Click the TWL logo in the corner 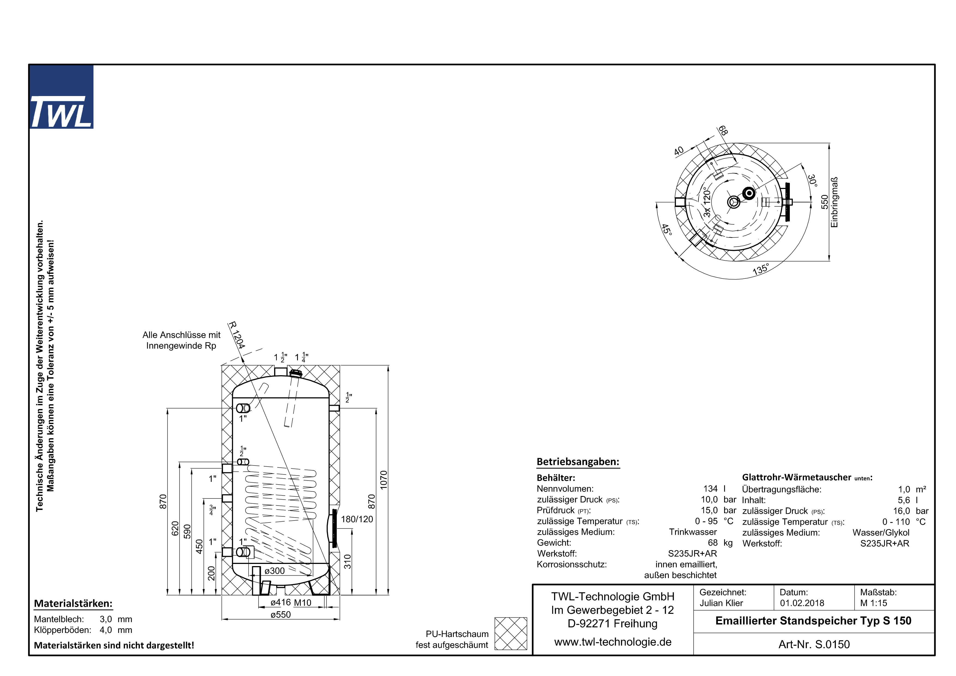[61, 97]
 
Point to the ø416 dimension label [280, 602]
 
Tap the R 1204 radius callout [237, 335]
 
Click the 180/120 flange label [357, 519]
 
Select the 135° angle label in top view [760, 269]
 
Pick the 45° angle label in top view [667, 230]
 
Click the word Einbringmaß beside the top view [834, 202]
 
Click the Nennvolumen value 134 [710, 489]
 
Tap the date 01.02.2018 [802, 603]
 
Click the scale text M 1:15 [873, 603]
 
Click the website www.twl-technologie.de [613, 642]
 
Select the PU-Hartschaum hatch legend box [510, 633]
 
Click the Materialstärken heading [73, 603]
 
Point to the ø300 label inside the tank [275, 571]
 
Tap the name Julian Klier [721, 603]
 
